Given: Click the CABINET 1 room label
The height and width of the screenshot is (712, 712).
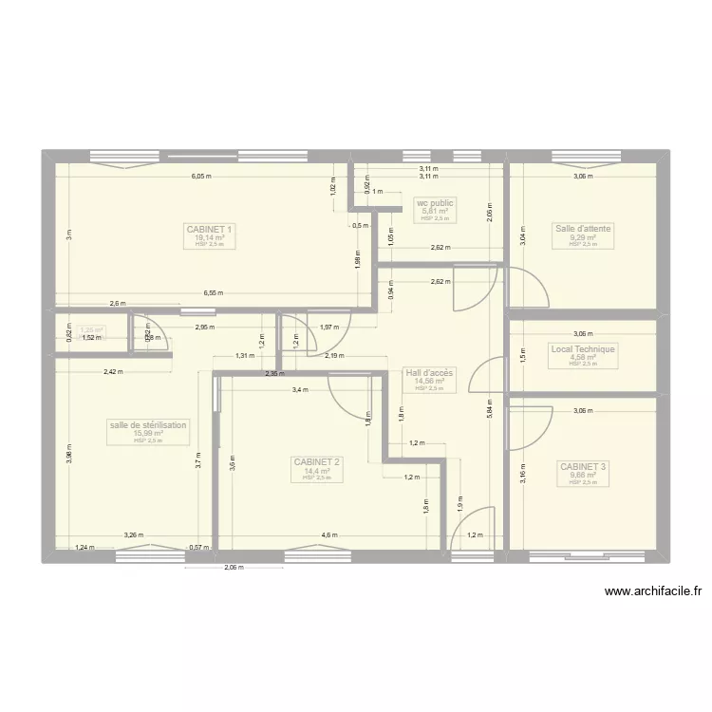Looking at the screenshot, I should tap(210, 229).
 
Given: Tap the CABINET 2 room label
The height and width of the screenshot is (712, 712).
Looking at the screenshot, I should tap(317, 462).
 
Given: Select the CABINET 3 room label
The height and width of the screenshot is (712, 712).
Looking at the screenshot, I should tap(583, 467).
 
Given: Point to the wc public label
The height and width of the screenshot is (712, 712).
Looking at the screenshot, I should tap(435, 202).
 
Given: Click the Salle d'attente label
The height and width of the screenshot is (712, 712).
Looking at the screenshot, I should tap(583, 229).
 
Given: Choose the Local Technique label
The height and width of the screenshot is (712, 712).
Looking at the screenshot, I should tap(583, 349).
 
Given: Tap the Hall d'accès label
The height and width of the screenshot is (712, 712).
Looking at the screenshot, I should tap(429, 373).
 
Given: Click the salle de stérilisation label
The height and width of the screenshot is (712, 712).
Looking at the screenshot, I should tap(149, 425).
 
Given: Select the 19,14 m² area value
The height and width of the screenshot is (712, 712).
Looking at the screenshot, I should tap(210, 237).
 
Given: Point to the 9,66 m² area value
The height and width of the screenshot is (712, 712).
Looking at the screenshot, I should tap(583, 476).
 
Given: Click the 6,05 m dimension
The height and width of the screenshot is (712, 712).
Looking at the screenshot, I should tap(200, 176).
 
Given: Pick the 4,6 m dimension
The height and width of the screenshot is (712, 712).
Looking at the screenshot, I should tap(328, 535).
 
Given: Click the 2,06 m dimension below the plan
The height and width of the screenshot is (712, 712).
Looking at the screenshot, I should tap(234, 569).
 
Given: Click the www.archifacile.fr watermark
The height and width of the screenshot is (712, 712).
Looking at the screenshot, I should tap(654, 590).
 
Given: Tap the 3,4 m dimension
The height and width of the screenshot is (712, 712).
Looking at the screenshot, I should tap(300, 389).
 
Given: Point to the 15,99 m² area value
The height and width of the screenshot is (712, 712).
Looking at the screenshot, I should tap(149, 434).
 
